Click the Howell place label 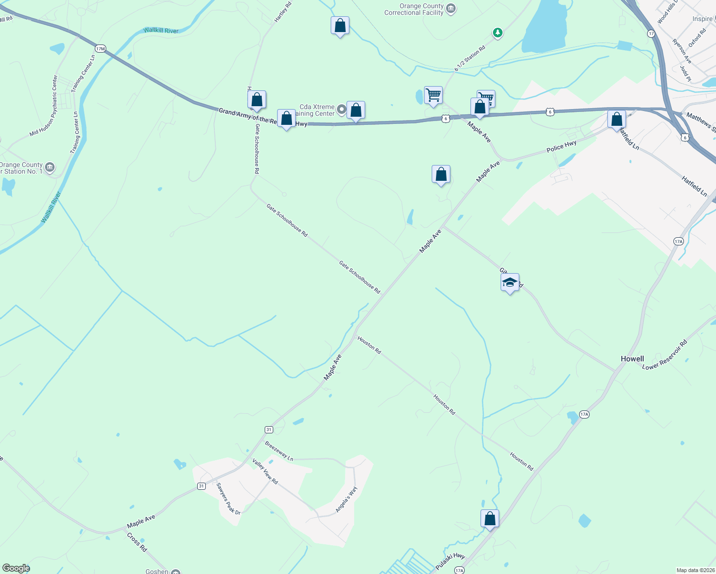point(632,359)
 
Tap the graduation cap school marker point(510,283)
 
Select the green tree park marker point(498,33)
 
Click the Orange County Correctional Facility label point(414,10)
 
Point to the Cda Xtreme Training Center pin point(341,110)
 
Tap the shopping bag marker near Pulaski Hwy point(490,519)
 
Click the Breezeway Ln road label point(279,451)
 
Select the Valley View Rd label point(265,471)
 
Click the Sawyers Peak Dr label point(228,498)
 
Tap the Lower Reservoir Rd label point(664,355)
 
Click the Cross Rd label point(137,542)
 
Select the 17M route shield point(100,48)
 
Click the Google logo point(16,568)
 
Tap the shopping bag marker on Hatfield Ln point(616,119)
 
